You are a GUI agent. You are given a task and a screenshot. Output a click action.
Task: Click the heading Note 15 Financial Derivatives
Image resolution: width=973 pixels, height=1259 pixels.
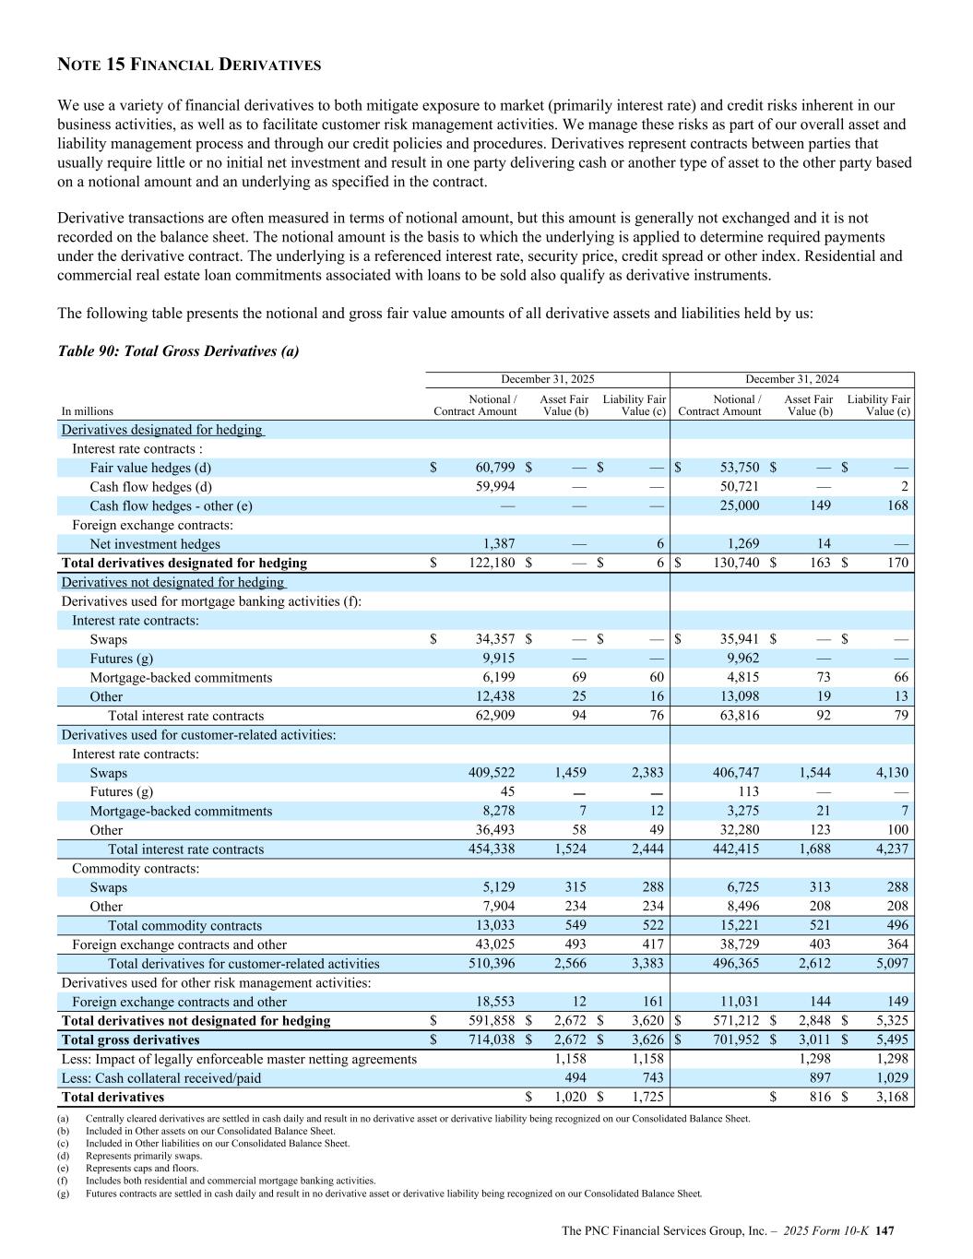click(x=189, y=65)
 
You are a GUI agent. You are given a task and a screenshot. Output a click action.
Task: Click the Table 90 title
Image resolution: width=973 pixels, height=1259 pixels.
click(x=178, y=351)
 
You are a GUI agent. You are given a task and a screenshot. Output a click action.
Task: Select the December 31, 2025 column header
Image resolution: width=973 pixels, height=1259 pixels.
click(x=547, y=379)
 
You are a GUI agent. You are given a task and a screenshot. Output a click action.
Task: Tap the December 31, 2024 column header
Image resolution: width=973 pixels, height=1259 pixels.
click(x=791, y=379)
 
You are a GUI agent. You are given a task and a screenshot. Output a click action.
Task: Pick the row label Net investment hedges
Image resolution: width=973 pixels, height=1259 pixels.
click(x=155, y=544)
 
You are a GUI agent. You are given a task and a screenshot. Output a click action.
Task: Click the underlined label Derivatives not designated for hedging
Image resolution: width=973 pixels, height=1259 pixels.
click(x=173, y=582)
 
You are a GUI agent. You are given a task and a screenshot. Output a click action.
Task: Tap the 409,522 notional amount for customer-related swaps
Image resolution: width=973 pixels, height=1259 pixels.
click(x=492, y=773)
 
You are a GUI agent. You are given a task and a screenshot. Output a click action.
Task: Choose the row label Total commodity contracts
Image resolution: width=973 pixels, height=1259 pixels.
click(x=184, y=925)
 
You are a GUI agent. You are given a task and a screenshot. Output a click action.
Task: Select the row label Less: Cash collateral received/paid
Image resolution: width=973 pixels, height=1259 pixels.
click(x=161, y=1077)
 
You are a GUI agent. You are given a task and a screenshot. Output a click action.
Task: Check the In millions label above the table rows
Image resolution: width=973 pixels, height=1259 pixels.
click(x=88, y=411)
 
